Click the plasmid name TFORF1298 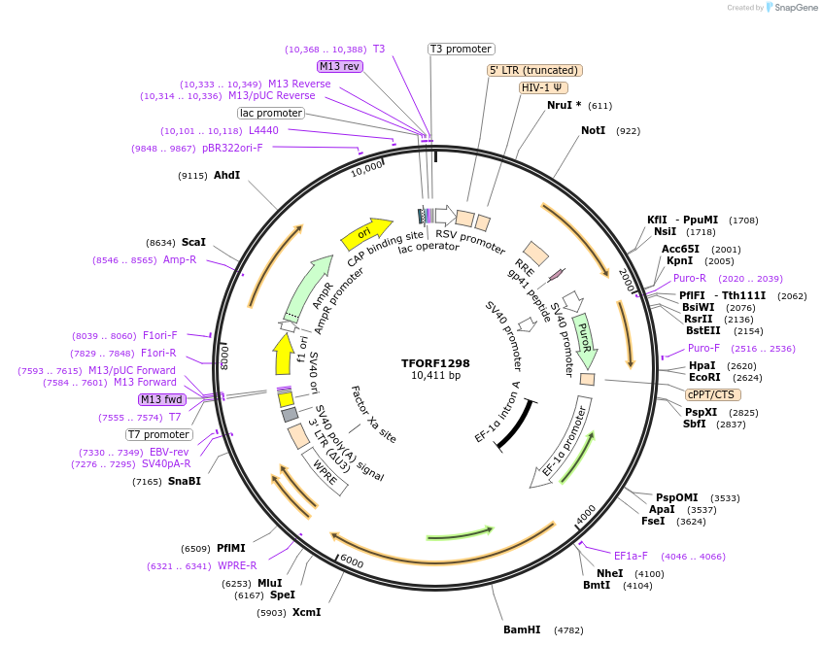pos(435,362)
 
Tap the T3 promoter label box pos(462,49)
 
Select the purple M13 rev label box pos(340,66)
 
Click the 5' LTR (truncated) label pos(534,70)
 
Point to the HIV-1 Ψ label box pos(543,87)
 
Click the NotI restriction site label pos(593,130)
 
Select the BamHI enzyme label pos(522,629)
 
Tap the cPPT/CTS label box pos(712,394)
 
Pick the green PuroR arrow pos(585,338)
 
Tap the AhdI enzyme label pos(226,175)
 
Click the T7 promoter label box pos(159,434)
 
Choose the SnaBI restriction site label pos(184,481)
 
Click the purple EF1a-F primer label pos(631,556)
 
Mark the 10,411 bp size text pos(435,375)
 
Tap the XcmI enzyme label pos(306,612)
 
